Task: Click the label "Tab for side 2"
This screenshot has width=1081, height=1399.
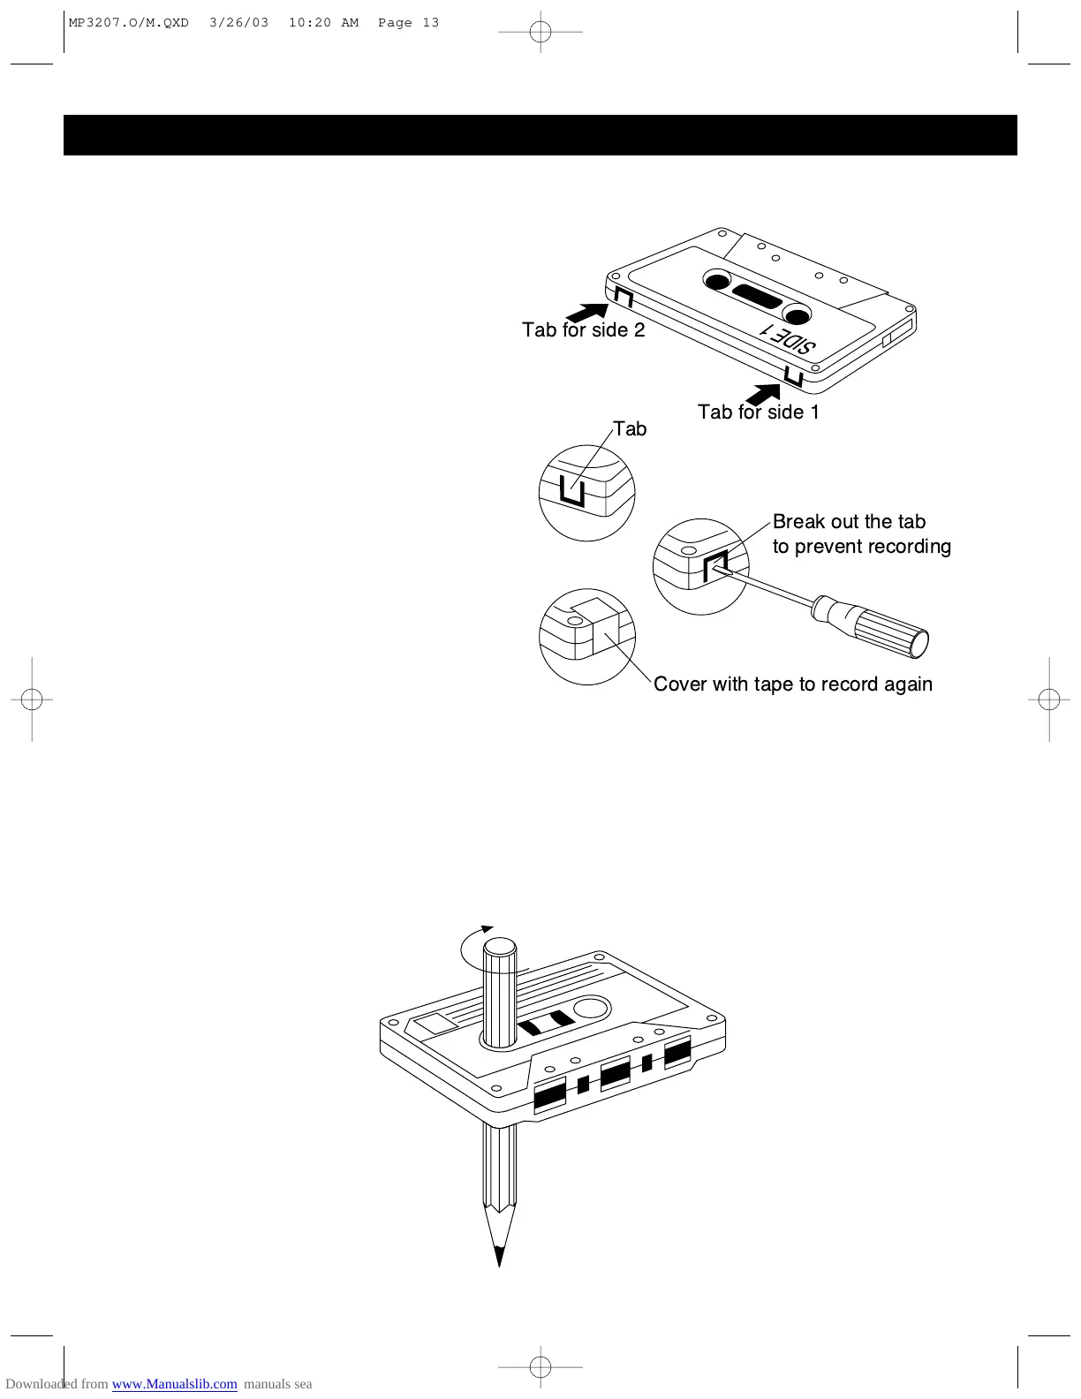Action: coord(583,330)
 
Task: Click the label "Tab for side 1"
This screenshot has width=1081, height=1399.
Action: coord(758,412)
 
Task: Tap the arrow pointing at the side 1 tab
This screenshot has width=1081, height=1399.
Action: coord(761,392)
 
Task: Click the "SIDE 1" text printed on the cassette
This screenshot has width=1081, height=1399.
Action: coord(789,340)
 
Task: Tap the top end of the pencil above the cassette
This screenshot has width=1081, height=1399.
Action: coord(500,948)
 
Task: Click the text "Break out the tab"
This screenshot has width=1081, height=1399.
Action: coord(849,522)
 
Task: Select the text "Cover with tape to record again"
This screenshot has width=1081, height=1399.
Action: coord(792,684)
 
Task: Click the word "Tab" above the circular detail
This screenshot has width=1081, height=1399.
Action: coord(630,429)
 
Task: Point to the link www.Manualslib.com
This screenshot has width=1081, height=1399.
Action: coord(174,1384)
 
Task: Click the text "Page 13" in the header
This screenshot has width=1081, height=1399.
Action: coord(408,23)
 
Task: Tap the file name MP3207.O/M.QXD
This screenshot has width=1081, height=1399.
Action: coord(129,23)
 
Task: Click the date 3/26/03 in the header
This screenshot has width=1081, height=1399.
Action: coord(238,23)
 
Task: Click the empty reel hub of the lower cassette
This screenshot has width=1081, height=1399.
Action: coord(593,1008)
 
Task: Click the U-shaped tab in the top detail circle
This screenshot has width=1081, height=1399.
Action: coord(571,490)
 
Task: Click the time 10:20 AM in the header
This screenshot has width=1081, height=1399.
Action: coord(323,23)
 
